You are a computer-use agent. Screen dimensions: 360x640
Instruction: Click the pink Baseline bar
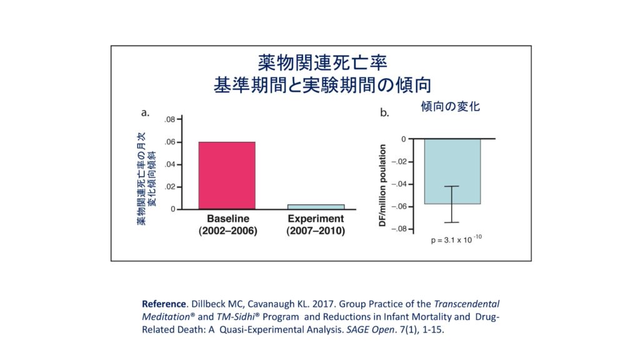click(x=227, y=176)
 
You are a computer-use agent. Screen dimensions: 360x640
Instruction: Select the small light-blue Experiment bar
click(x=316, y=206)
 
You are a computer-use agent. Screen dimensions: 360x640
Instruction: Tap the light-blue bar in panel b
click(x=452, y=171)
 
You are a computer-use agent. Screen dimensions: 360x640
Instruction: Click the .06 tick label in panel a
click(x=171, y=142)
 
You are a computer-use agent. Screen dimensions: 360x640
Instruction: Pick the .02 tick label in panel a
click(x=171, y=187)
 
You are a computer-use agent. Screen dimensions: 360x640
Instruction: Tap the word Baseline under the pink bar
click(x=227, y=219)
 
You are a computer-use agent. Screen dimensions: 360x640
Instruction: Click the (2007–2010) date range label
click(x=316, y=231)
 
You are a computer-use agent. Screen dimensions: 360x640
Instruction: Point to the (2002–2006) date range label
click(x=227, y=231)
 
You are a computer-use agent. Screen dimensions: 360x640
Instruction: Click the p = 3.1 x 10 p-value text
click(x=451, y=240)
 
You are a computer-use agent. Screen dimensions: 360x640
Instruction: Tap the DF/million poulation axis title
click(x=384, y=185)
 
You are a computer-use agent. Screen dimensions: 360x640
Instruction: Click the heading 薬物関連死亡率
click(x=322, y=63)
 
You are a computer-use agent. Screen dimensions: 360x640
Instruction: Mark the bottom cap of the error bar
click(x=452, y=222)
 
